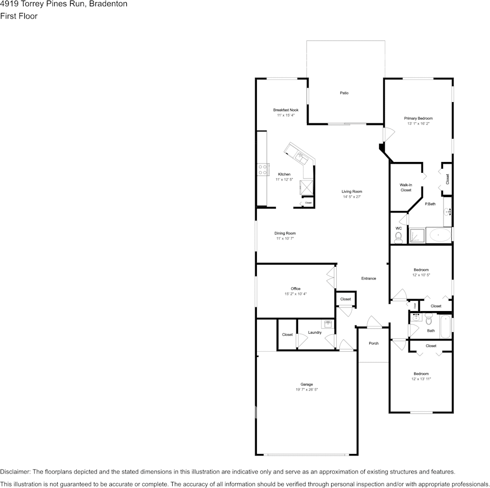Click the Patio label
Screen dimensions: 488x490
pyautogui.click(x=344, y=93)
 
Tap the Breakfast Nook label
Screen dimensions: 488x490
pyautogui.click(x=286, y=110)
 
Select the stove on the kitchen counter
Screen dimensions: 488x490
pyautogui.click(x=264, y=169)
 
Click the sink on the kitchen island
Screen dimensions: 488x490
pyautogui.click(x=300, y=153)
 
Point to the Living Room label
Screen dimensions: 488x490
pyautogui.click(x=352, y=191)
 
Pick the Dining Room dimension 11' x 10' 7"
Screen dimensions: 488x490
pyautogui.click(x=285, y=239)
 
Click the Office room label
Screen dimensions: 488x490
pyautogui.click(x=296, y=289)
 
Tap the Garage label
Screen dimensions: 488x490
pyautogui.click(x=307, y=384)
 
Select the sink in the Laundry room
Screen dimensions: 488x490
pyautogui.click(x=328, y=324)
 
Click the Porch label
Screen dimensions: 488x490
pyautogui.click(x=373, y=343)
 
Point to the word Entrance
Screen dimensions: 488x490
pyautogui.click(x=368, y=279)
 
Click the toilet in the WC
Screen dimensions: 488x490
pyautogui.click(x=398, y=237)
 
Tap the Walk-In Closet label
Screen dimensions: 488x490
pyautogui.click(x=406, y=187)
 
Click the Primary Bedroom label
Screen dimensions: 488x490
pyautogui.click(x=418, y=118)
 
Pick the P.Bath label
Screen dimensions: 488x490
pyautogui.click(x=430, y=204)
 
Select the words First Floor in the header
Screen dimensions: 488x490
pyautogui.click(x=19, y=16)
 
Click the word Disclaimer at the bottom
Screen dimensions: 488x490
pyautogui.click(x=15, y=471)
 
